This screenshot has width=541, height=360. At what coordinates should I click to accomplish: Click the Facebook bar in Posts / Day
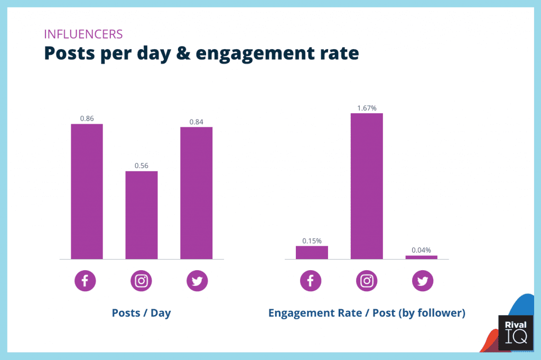click(x=87, y=191)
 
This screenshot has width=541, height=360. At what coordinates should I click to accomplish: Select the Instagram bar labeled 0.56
click(x=141, y=215)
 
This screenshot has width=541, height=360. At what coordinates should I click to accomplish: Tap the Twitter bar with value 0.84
click(x=196, y=193)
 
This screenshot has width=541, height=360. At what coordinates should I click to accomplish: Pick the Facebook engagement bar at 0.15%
click(x=312, y=253)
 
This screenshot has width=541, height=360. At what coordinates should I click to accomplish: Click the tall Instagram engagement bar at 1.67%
click(x=367, y=186)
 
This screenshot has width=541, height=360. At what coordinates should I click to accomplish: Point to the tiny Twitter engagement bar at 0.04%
click(x=422, y=257)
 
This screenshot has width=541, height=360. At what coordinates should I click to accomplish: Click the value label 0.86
click(x=87, y=118)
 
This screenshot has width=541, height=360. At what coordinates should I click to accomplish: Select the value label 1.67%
click(x=367, y=108)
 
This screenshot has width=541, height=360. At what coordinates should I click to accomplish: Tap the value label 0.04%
click(x=422, y=250)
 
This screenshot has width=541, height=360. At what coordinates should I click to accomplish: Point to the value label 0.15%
click(x=312, y=241)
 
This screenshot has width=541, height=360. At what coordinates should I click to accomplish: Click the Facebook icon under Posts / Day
click(x=85, y=281)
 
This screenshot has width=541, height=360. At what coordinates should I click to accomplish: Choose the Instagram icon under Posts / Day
click(x=141, y=281)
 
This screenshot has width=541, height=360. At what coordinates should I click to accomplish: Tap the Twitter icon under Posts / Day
click(x=197, y=281)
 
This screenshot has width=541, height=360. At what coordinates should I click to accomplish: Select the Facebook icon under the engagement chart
click(x=311, y=281)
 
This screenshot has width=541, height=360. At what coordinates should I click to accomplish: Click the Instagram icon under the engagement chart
click(x=367, y=281)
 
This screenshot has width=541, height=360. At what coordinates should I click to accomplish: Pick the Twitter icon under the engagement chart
click(x=423, y=281)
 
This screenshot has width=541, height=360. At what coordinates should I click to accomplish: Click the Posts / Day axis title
click(x=141, y=313)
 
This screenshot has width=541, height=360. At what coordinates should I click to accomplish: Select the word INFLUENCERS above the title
click(x=83, y=35)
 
